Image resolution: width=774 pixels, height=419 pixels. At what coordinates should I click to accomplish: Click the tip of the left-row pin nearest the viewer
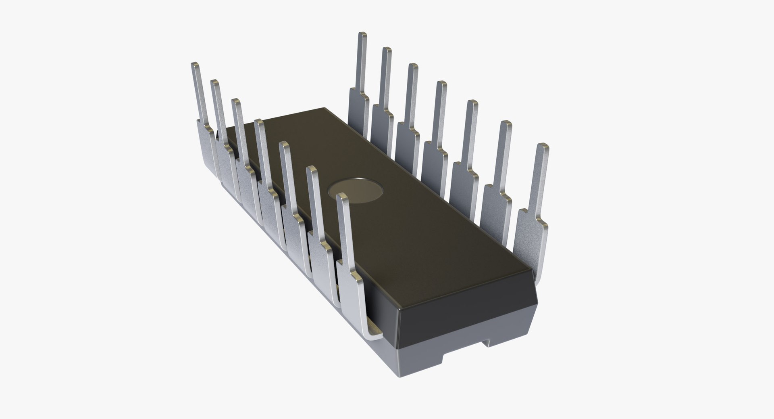342,197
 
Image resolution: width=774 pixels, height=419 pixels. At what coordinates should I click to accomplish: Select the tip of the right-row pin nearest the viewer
543,146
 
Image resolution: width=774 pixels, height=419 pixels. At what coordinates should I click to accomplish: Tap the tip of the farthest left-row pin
195,65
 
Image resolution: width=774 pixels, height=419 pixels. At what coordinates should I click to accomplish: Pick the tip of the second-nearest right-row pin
506,124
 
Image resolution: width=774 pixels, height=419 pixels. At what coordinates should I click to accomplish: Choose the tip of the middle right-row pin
441,84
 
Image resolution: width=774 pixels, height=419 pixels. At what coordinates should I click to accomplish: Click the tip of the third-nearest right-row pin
472,103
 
